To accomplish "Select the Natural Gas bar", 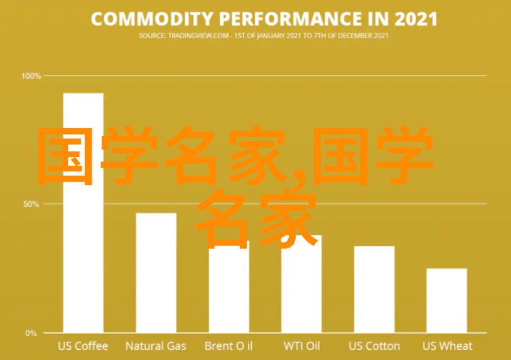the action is point(156,273).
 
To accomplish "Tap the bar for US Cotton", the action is point(374,290).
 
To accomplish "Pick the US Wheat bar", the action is point(447,301).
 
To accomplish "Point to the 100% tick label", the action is point(31,76).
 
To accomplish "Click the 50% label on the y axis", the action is point(31,204).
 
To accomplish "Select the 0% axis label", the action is point(31,333).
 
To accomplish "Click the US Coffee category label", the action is point(83,346).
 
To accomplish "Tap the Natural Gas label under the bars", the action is point(156,346).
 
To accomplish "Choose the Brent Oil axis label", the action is point(229,346).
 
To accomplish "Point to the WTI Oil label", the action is point(302,346).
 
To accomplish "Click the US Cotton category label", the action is point(374,346).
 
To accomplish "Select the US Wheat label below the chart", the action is point(447,346).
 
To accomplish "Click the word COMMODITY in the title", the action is point(152,19).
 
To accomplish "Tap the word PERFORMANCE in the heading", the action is point(291,19).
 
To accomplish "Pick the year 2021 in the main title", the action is point(416,19).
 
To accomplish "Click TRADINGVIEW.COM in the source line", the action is point(198,36).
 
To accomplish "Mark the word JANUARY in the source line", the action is point(271,36).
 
